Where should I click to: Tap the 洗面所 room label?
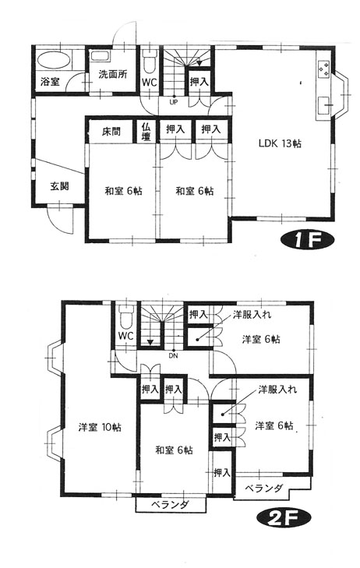tap(113, 74)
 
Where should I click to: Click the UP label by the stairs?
tap(174, 102)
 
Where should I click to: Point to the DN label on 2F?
tap(174, 355)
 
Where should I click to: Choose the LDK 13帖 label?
tap(280, 143)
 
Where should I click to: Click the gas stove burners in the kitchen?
tap(323, 69)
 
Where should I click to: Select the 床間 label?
tap(111, 131)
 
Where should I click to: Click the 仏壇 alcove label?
tap(146, 132)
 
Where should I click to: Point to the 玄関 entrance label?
tap(59, 186)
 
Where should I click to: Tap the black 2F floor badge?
tap(284, 519)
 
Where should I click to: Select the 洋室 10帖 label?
tap(100, 427)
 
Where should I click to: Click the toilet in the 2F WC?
tap(125, 318)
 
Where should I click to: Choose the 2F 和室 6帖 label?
tap(174, 450)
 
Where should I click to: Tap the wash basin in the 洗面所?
tap(101, 56)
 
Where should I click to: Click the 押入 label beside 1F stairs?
tap(199, 82)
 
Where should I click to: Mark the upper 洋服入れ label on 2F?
tap(252, 315)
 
